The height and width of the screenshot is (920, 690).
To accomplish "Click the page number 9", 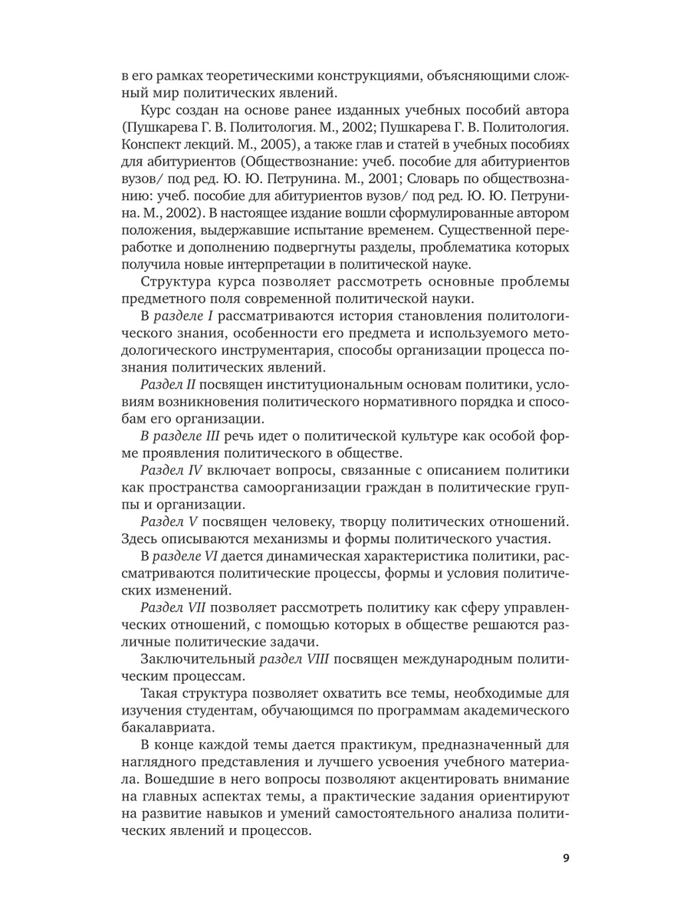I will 565,858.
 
